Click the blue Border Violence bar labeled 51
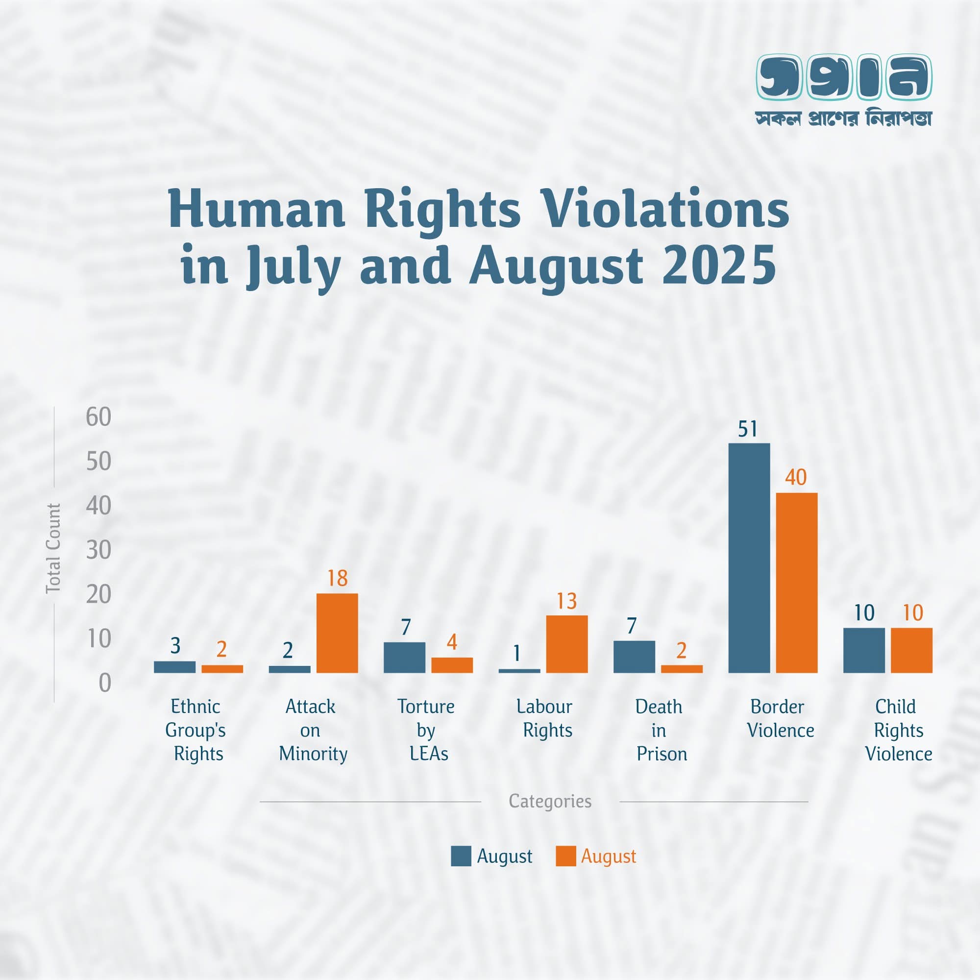(749, 558)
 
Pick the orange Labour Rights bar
(566, 644)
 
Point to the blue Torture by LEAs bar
(404, 658)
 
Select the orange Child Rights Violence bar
(911, 650)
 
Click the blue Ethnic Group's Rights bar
(174, 666)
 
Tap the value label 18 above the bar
(337, 578)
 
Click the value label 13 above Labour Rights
(566, 601)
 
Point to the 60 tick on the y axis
(98, 417)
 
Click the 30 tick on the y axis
(98, 550)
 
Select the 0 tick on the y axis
(104, 683)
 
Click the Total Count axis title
(53, 548)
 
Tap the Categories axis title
(550, 801)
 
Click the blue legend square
(461, 856)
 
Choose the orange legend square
(565, 856)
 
